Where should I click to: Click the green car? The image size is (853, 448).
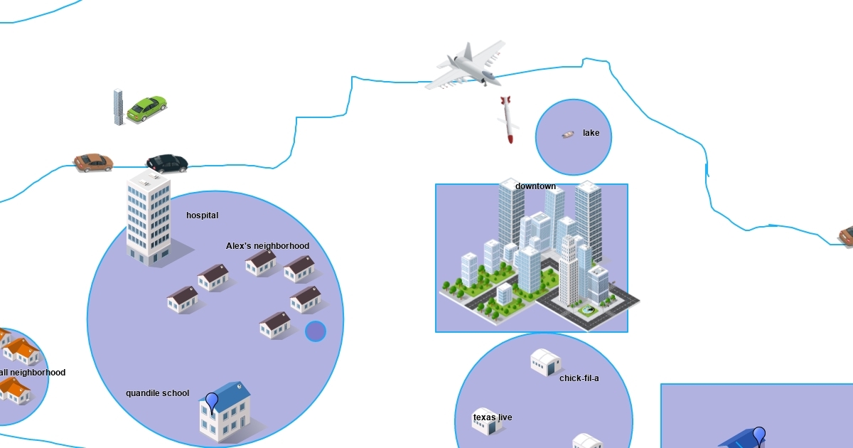147,108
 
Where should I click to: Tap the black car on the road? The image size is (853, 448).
167,164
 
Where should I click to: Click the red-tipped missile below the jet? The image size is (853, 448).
507,119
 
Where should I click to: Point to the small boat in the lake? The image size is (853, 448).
568,134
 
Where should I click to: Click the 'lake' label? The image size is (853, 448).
591,133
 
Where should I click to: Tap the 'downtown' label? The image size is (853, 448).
535,186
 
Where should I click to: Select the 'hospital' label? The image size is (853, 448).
202,215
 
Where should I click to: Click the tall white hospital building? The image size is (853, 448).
149,217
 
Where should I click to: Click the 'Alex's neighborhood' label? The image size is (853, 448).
267,246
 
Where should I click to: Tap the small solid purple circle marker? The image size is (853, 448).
316,331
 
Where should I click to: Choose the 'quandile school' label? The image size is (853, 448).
158,393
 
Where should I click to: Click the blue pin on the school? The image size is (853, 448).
212,402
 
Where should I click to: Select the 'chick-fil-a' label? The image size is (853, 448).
579,378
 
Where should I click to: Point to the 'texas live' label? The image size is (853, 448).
493,417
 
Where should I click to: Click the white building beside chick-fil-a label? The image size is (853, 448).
546,362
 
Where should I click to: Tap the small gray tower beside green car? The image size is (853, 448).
119,107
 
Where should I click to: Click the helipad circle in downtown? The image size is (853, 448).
587,310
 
